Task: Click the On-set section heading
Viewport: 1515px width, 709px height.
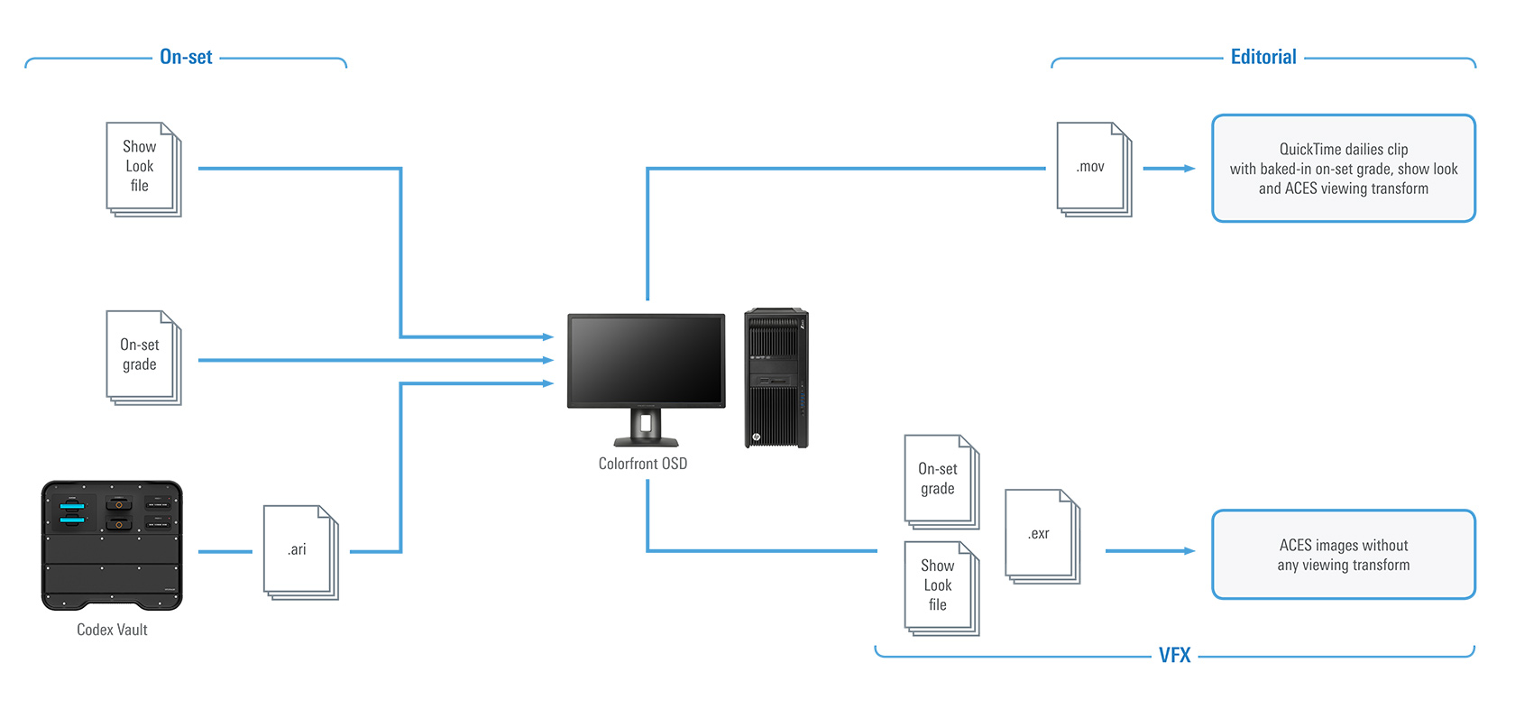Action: tap(186, 57)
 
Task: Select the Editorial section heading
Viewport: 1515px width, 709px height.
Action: tap(1262, 57)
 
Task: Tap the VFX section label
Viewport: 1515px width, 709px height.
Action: tap(1174, 656)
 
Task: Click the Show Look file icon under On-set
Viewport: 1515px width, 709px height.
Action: tap(142, 169)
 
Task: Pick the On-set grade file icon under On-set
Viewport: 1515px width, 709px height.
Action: tap(142, 357)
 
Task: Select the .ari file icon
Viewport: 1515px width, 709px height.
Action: tap(299, 551)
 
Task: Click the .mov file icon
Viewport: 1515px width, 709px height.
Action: tap(1093, 169)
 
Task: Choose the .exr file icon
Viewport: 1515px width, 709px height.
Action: tap(1042, 536)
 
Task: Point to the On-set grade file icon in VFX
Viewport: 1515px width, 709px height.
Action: tap(941, 481)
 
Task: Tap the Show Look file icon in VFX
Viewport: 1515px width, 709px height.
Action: tap(941, 587)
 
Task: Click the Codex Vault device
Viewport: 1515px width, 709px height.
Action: tap(112, 545)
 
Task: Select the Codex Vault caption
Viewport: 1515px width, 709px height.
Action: tap(112, 630)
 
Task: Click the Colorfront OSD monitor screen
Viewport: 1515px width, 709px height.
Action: tap(646, 360)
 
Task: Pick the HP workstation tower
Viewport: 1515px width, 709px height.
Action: tap(776, 378)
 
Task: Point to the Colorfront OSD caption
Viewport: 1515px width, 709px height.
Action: tap(642, 464)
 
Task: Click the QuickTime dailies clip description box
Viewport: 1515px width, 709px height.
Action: tap(1343, 169)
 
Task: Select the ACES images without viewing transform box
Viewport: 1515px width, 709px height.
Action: tap(1343, 555)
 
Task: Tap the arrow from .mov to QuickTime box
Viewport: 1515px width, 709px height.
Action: tap(1169, 169)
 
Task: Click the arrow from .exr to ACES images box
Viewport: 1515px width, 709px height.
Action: tap(1150, 551)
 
